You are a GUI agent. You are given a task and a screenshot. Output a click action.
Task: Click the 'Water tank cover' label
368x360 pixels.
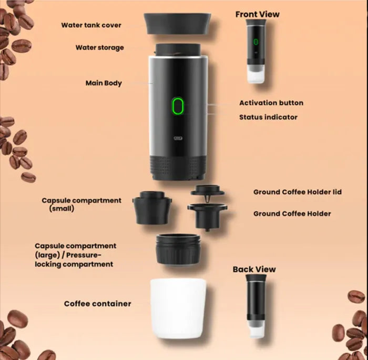(91, 25)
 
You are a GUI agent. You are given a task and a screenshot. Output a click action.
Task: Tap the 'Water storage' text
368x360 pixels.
(99, 47)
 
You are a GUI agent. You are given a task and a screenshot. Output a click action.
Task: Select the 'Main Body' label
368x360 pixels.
(104, 83)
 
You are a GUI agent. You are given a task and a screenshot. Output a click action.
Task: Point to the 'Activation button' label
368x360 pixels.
(271, 103)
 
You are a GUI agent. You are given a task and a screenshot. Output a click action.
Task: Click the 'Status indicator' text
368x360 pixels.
(268, 117)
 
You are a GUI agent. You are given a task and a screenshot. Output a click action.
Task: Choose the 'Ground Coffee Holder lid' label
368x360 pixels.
(297, 192)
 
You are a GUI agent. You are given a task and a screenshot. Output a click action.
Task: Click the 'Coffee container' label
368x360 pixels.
(97, 304)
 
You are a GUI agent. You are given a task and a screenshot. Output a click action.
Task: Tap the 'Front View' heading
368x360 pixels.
(257, 14)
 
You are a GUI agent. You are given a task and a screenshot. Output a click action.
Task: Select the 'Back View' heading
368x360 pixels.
(254, 269)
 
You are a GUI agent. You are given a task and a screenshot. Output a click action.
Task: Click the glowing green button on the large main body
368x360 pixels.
(178, 106)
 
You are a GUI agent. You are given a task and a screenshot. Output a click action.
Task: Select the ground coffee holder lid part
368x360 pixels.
(207, 191)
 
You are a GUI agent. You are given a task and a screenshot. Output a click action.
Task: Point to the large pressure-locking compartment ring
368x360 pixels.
(178, 249)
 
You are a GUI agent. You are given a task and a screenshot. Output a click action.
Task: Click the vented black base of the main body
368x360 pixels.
(178, 166)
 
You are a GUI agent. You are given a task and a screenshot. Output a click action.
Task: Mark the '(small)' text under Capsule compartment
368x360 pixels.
(62, 209)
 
